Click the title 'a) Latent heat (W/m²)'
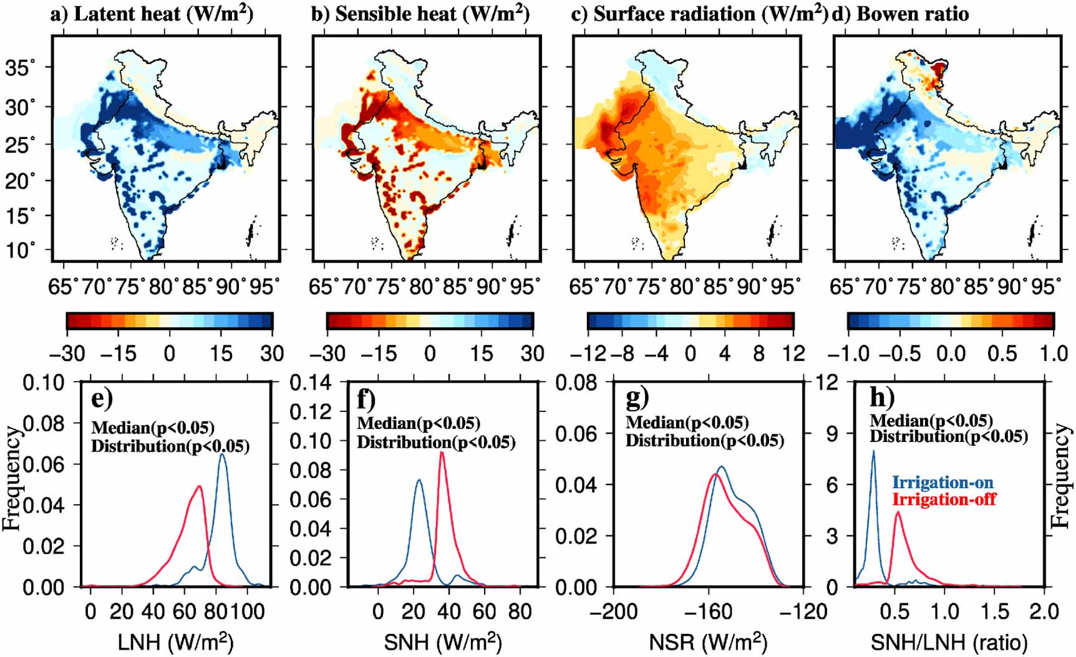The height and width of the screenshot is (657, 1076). click(152, 14)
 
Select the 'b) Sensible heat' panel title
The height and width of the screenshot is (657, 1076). click(420, 14)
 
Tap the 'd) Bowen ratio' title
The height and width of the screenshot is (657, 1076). click(900, 14)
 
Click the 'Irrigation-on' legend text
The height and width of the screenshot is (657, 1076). click(943, 482)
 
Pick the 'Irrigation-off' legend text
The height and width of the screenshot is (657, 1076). click(944, 499)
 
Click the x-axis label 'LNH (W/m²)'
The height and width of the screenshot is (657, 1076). click(175, 642)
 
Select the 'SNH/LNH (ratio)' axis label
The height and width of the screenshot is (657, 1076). click(949, 642)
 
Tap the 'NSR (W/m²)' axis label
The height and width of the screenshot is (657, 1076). click(708, 642)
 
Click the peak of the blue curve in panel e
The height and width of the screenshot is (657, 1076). click(222, 454)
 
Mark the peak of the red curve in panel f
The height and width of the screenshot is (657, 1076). click(442, 452)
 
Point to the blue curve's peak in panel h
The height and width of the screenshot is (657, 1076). click(873, 451)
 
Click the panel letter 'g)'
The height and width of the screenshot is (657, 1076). click(637, 397)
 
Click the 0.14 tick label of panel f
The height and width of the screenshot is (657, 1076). click(310, 383)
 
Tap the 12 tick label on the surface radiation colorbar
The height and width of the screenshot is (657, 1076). click(793, 353)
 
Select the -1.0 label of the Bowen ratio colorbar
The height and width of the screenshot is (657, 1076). click(849, 353)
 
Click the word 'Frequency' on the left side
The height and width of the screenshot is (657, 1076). click(11, 477)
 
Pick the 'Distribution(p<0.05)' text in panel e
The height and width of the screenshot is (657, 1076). click(170, 446)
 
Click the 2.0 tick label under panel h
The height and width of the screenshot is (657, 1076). click(1044, 611)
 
